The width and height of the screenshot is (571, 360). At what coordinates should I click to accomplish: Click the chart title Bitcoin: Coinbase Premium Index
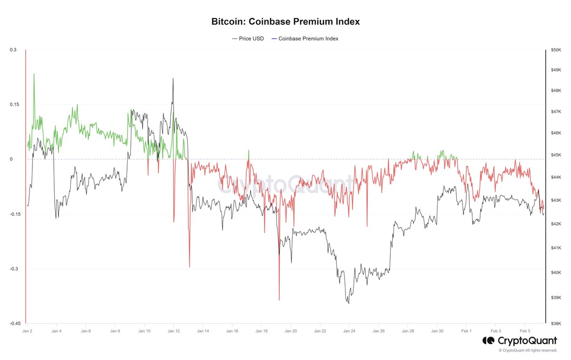(x=285, y=22)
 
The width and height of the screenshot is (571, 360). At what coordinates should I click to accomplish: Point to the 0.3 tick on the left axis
(x=13, y=50)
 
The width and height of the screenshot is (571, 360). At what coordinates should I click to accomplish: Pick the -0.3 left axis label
(x=13, y=269)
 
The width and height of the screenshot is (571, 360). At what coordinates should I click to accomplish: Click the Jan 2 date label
(x=27, y=330)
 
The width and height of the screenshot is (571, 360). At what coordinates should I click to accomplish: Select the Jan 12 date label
(x=174, y=330)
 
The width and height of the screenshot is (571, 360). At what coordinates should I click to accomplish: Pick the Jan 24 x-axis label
(x=349, y=330)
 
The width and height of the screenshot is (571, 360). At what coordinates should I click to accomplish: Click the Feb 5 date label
(x=525, y=330)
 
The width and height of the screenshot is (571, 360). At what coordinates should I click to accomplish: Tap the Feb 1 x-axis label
(x=466, y=330)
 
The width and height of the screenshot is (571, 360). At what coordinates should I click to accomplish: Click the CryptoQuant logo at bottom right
(x=520, y=341)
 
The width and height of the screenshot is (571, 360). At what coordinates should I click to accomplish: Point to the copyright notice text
(x=528, y=350)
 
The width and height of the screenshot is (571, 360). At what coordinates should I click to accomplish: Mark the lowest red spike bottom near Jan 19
(x=279, y=300)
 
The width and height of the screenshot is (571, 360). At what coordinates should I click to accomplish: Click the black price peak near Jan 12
(x=173, y=79)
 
